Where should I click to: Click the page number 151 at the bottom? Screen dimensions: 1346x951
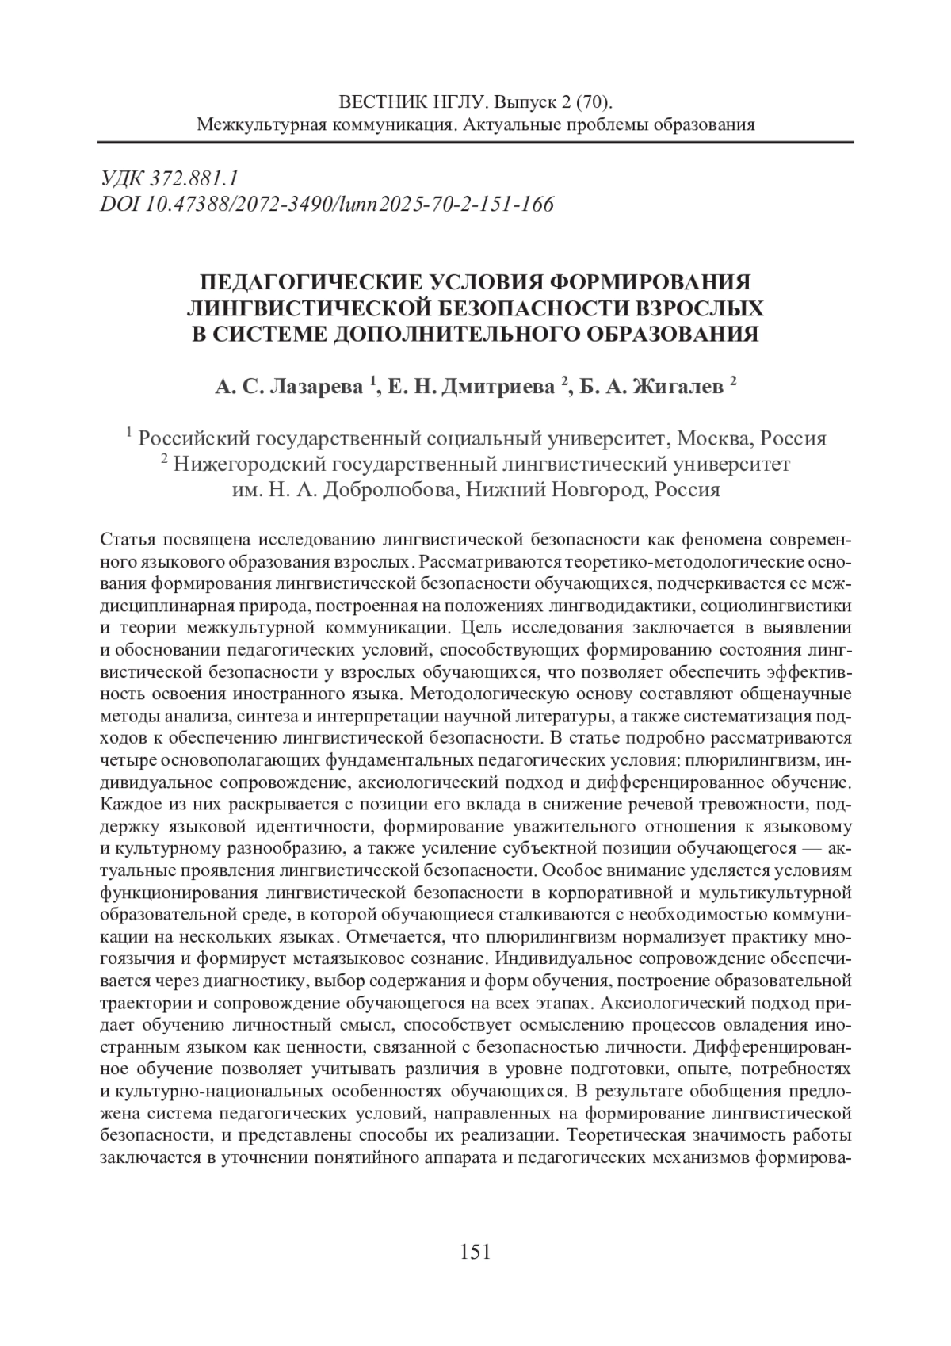click(x=475, y=1252)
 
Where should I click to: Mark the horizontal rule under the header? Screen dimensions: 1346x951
click(x=475, y=143)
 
